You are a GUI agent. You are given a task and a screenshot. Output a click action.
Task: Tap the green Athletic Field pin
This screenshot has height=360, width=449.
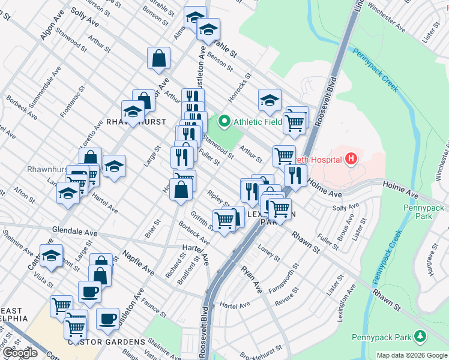(224, 122)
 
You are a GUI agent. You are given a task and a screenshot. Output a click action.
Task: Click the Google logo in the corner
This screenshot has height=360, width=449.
(20, 353)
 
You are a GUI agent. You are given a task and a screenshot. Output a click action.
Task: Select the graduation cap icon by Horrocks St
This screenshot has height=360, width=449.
(270, 100)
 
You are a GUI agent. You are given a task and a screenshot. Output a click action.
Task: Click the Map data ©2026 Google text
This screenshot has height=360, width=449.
(411, 355)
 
